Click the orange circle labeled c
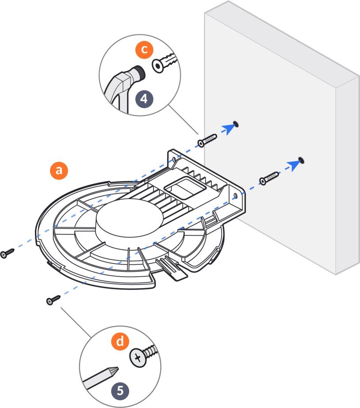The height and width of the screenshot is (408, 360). point(142,50)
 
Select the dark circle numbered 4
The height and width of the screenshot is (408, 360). point(144,99)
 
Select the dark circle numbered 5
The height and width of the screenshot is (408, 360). point(121,390)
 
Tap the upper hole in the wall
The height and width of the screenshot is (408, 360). point(235,123)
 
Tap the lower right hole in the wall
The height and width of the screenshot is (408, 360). point(301,159)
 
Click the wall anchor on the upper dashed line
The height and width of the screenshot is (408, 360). point(207,140)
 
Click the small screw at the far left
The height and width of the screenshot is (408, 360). point(8,253)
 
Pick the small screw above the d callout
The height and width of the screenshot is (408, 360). point(53,300)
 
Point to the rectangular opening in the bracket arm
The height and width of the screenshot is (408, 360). point(182,190)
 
